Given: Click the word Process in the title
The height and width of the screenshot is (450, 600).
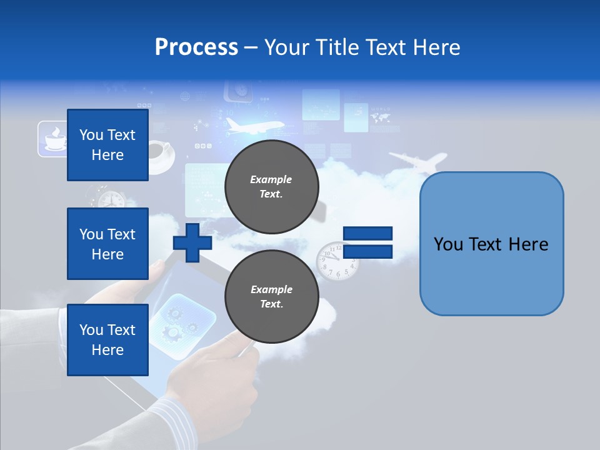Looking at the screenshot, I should (196, 47).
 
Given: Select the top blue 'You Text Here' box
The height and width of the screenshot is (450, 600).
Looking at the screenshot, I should (107, 145).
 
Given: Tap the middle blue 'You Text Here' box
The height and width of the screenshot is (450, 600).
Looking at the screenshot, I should (107, 244).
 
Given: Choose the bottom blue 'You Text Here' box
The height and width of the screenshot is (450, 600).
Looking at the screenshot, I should (107, 339).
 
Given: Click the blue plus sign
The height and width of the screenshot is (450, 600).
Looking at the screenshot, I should (192, 242).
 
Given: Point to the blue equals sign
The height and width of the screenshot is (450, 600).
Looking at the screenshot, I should (367, 242).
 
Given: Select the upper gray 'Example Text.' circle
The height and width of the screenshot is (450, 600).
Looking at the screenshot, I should (271, 187).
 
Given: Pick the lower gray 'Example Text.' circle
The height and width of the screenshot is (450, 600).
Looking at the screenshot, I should (271, 297).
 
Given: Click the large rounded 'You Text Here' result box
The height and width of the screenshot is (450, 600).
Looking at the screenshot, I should (491, 244).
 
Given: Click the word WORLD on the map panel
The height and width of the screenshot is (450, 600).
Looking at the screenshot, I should (380, 110).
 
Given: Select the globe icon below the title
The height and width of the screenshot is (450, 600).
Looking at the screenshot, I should (185, 97).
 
